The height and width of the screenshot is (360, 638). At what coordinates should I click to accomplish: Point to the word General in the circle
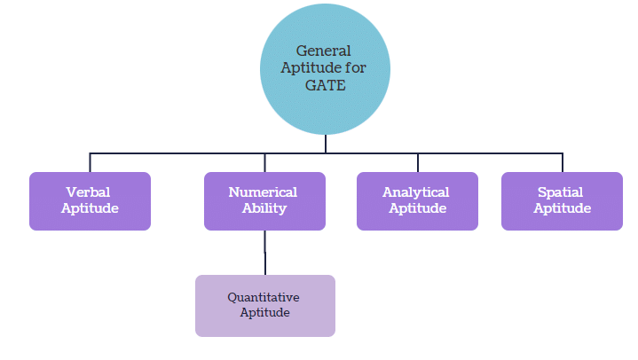[x=323, y=51]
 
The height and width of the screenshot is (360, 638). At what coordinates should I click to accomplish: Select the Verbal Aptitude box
[x=90, y=201]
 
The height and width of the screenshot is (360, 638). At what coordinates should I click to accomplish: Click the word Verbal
[x=88, y=192]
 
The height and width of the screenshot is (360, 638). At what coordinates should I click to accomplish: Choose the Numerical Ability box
[x=264, y=201]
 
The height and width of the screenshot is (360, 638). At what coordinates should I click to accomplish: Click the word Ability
[x=264, y=209]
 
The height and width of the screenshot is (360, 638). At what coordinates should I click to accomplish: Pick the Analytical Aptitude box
[x=417, y=201]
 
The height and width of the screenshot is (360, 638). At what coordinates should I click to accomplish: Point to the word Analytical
[x=416, y=192]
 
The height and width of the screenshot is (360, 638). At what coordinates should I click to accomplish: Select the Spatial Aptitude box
[x=562, y=201]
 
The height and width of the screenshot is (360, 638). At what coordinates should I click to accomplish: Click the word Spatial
[x=561, y=192]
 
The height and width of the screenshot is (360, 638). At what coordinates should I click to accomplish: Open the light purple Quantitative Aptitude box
[x=264, y=306]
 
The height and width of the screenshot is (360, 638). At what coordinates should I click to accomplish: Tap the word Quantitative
[x=264, y=297]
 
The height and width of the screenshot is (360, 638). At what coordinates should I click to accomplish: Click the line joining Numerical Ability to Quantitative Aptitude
[x=264, y=253]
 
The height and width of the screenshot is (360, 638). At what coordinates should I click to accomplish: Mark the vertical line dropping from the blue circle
[x=326, y=144]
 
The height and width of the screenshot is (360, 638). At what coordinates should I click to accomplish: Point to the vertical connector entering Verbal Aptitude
[x=90, y=163]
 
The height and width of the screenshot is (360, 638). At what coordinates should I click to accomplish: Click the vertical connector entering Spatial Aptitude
[x=563, y=163]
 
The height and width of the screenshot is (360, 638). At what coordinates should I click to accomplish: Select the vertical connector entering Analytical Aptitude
[x=417, y=163]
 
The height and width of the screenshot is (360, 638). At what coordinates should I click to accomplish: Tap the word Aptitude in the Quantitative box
[x=264, y=313]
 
